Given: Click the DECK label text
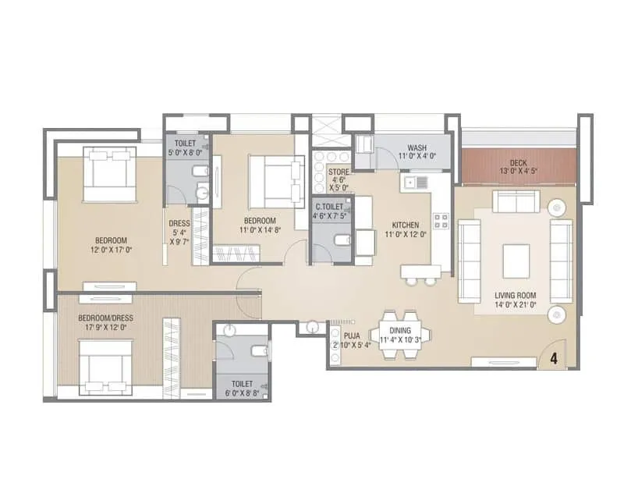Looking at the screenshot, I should point(519,162).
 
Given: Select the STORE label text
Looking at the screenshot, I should point(338,172).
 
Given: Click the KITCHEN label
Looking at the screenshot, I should point(407,226).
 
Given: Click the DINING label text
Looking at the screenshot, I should point(399,330).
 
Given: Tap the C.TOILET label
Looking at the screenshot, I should point(328,206).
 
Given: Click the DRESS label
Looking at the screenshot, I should point(179,223).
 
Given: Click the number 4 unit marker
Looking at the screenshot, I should point(553,359).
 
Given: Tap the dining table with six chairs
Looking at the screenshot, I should point(399,335).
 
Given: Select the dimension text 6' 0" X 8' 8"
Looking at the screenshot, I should point(243,392).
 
